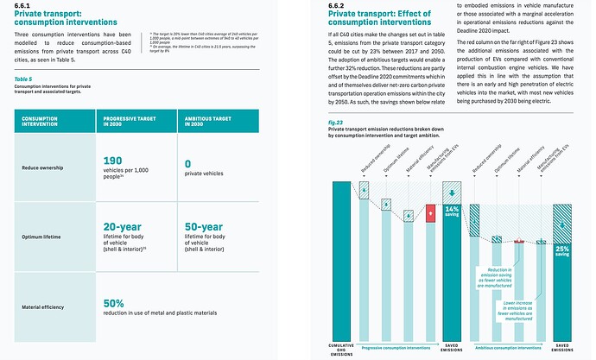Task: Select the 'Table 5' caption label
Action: pos(25,79)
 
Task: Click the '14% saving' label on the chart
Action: pos(451,212)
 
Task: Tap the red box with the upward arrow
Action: pos(430,213)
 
